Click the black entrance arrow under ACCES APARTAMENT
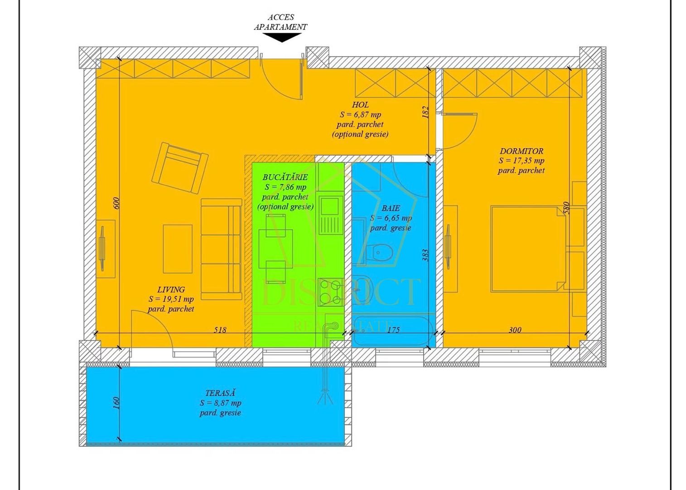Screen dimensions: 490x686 coord(282,38)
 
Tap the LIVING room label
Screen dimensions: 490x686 coord(171,289)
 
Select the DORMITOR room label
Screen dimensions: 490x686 coord(521,151)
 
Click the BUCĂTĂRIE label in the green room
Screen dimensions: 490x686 coord(285,177)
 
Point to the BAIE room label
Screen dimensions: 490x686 coord(391,208)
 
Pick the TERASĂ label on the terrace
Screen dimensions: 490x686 coord(220,393)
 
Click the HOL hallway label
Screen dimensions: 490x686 coord(360,105)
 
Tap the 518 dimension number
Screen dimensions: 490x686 coord(220,330)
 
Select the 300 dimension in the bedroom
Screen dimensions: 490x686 coord(515,330)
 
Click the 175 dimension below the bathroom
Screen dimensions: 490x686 coord(393,330)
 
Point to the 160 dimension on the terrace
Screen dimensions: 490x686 coord(116,402)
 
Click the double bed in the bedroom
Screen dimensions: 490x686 coord(528,249)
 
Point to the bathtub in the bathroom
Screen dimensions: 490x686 coord(392,330)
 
